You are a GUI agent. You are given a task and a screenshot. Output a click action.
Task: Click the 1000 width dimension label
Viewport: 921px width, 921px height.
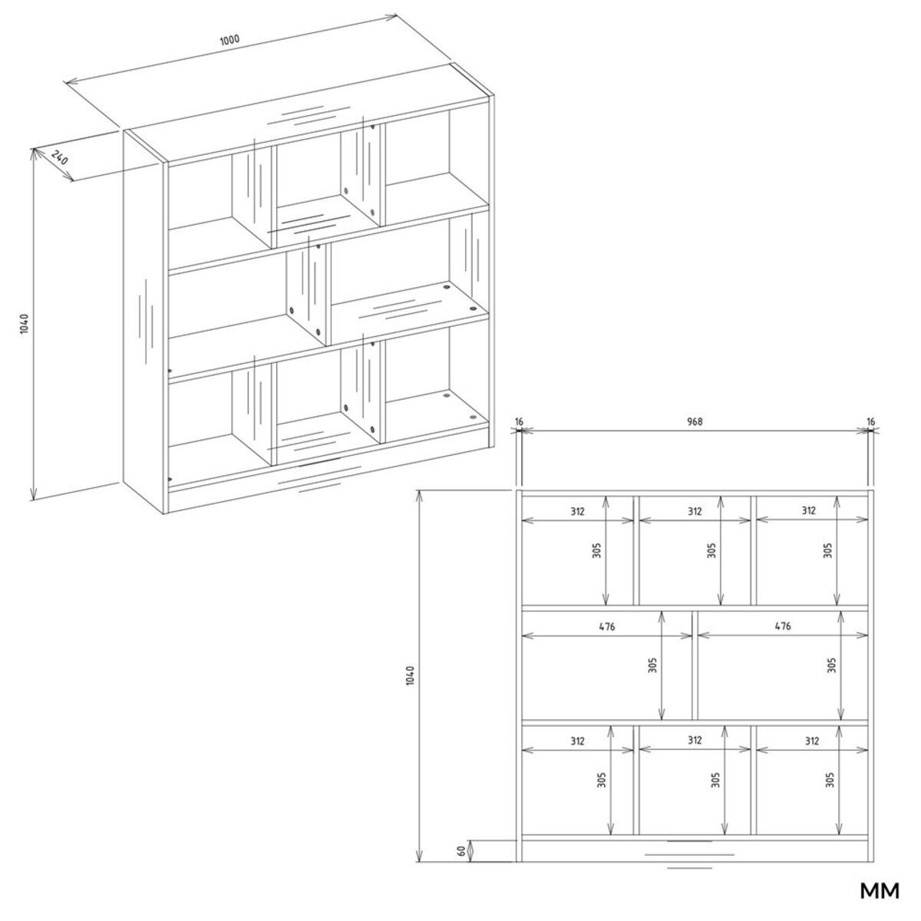tap(229, 40)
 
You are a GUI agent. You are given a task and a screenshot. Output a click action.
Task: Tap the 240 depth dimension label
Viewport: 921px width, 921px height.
tap(59, 157)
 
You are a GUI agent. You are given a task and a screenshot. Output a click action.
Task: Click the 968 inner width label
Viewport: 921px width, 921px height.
tap(695, 421)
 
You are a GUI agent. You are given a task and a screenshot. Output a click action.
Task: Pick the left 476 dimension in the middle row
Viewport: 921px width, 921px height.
tap(606, 626)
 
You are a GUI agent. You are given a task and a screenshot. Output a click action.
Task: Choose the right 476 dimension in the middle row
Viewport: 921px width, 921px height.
tap(782, 626)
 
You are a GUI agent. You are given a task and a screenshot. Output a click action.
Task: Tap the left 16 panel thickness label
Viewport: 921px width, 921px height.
tap(520, 421)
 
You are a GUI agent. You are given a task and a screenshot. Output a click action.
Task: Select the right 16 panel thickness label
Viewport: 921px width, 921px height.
tap(870, 421)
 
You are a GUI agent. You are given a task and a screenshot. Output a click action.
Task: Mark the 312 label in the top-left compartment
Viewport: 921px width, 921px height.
tap(577, 511)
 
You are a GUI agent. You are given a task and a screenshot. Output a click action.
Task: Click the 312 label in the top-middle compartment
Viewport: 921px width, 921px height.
tap(695, 511)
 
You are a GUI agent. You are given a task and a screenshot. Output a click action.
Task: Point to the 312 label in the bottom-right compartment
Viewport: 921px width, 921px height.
tap(811, 741)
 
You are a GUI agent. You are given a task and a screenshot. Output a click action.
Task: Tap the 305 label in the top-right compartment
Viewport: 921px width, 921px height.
tap(828, 550)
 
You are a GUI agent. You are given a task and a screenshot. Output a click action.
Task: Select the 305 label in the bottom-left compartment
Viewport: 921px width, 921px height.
tap(601, 781)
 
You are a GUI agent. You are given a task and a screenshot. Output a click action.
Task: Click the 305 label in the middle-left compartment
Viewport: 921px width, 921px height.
tap(653, 665)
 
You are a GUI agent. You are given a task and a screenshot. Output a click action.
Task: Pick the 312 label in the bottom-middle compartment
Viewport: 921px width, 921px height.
tap(695, 741)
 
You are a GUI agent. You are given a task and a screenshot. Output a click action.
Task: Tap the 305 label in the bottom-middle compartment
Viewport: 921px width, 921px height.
tap(715, 781)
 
